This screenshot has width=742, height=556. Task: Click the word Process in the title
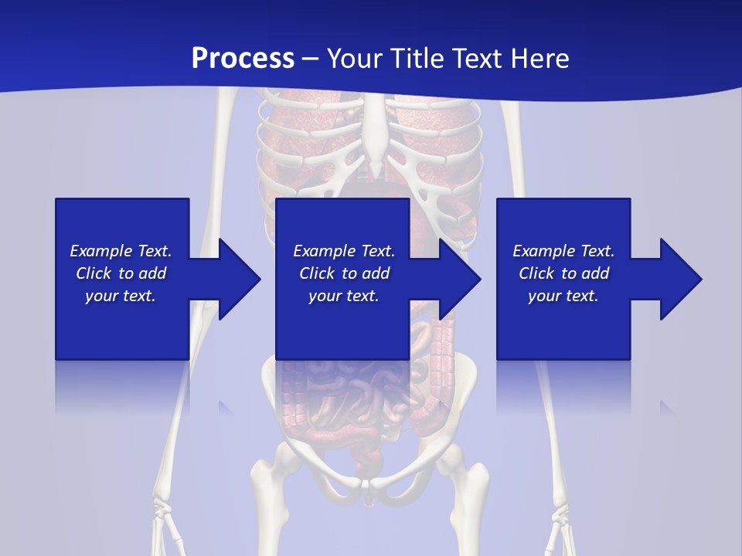click(243, 59)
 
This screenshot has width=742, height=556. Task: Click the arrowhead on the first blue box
click(240, 279)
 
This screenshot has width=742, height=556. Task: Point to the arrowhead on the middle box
click(460, 279)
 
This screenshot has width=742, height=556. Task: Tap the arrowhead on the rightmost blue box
click(681, 279)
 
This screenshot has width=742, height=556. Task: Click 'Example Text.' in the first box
click(121, 251)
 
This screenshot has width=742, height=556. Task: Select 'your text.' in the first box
click(121, 296)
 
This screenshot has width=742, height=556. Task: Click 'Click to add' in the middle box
click(344, 273)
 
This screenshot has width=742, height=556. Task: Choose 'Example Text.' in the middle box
click(344, 251)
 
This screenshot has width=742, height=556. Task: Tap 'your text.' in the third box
click(563, 296)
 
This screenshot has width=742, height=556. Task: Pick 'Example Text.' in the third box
click(563, 251)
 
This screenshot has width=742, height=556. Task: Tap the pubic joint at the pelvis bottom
click(370, 485)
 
